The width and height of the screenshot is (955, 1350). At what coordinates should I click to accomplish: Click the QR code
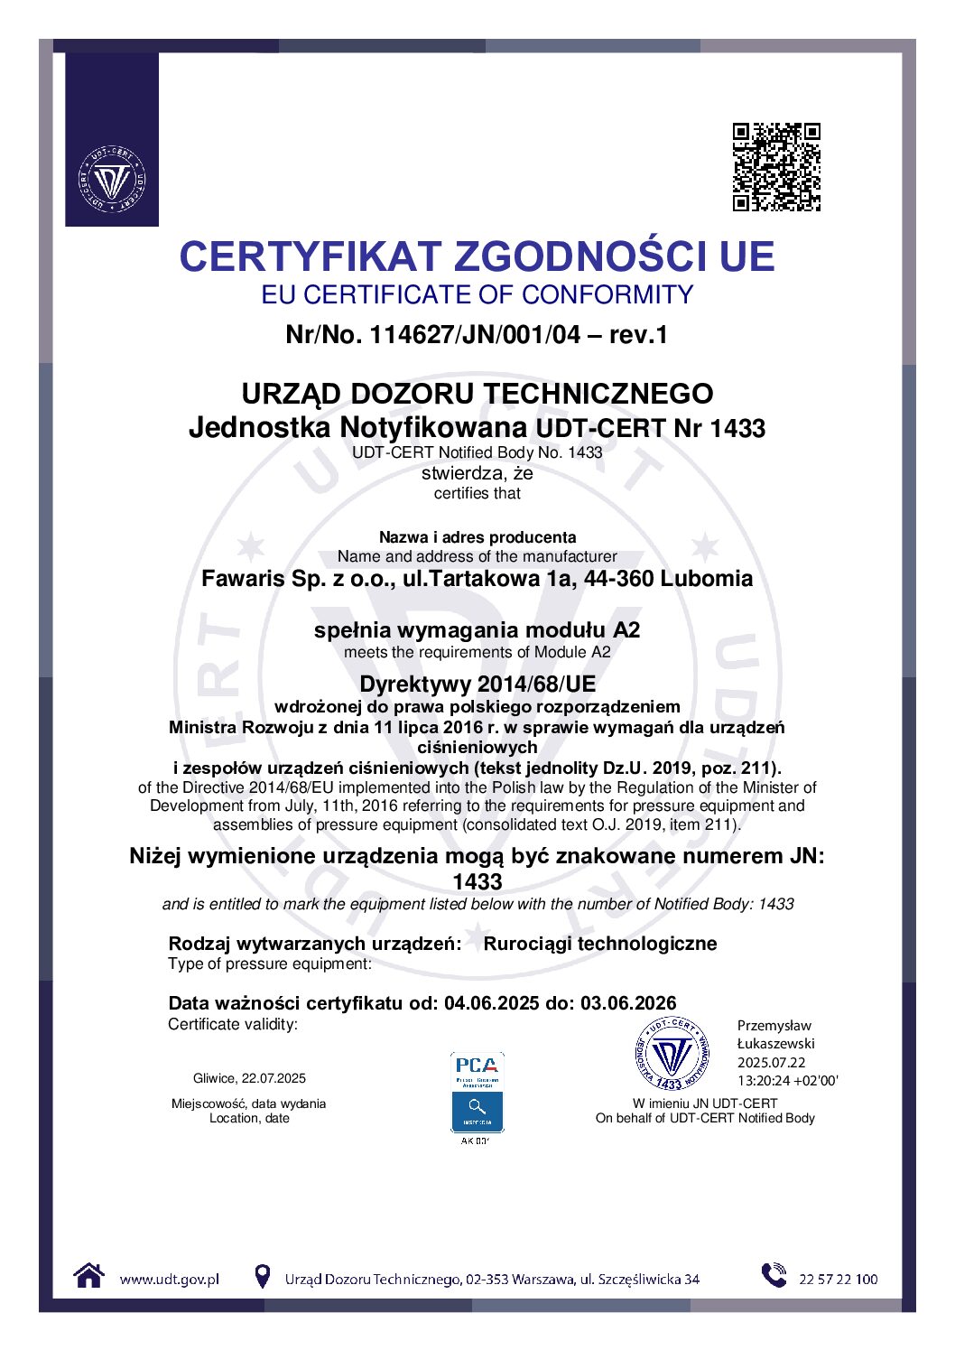click(776, 167)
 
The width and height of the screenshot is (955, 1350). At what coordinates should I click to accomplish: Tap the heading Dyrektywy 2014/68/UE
click(477, 684)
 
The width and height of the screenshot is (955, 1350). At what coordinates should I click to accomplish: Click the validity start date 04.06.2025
click(491, 1003)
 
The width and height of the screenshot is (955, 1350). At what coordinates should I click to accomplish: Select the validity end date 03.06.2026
click(628, 1003)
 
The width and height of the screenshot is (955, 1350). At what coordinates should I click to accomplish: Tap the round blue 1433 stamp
click(672, 1054)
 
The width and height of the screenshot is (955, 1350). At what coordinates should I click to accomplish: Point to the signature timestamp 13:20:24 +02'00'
click(787, 1081)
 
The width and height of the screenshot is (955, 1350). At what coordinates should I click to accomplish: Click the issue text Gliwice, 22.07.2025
click(249, 1078)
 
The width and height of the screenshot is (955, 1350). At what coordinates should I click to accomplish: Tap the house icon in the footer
click(88, 1276)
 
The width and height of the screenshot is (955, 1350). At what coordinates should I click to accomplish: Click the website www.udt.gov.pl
click(169, 1279)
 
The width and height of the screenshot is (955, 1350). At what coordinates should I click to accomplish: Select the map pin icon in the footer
click(262, 1276)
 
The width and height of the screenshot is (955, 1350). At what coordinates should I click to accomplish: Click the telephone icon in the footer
click(774, 1275)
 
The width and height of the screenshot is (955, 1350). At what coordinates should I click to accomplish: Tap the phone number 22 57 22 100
click(838, 1279)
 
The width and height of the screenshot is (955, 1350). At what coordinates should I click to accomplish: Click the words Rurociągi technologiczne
click(600, 944)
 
